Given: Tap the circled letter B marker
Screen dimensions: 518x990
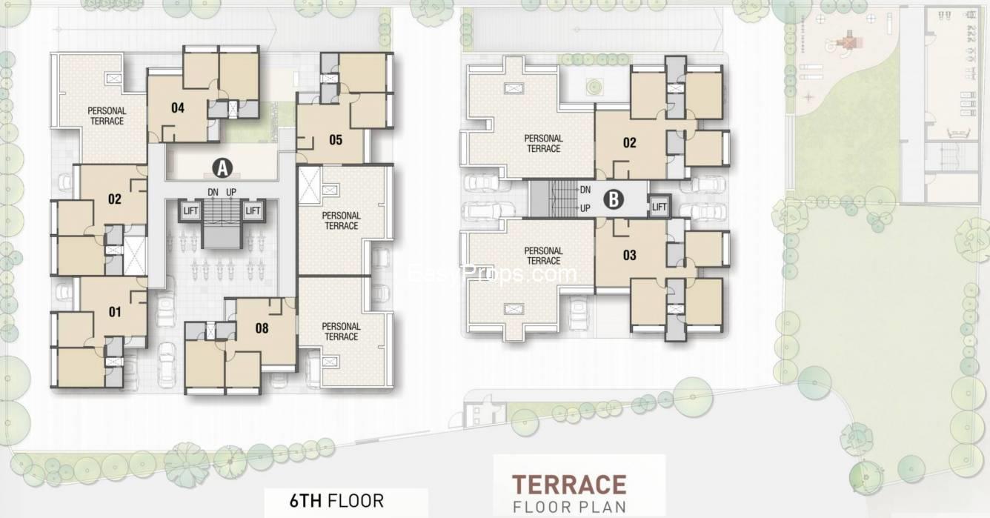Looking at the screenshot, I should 614,199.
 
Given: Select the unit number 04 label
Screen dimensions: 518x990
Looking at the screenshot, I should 177,108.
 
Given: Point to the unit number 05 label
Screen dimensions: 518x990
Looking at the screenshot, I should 336,139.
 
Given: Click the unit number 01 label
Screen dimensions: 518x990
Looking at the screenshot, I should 114,311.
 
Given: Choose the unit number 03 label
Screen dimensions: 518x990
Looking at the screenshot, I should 629,256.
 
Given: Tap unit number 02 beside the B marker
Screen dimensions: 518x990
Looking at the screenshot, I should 629,143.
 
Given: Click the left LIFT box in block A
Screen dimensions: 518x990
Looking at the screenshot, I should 191,211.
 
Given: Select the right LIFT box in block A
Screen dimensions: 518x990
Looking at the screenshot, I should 253,211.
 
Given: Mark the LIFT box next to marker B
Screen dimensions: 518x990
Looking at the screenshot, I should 659,206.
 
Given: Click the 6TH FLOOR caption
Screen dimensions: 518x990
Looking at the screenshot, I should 336,500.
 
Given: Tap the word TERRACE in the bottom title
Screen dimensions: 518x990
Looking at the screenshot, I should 569,485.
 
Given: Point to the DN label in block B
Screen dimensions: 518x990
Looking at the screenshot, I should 585,190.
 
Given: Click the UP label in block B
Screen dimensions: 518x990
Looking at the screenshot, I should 585,208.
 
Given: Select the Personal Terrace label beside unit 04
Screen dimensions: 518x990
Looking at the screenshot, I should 107,116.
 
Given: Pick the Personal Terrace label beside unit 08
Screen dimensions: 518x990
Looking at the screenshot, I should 342,331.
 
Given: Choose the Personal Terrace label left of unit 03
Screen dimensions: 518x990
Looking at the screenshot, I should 543,256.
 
